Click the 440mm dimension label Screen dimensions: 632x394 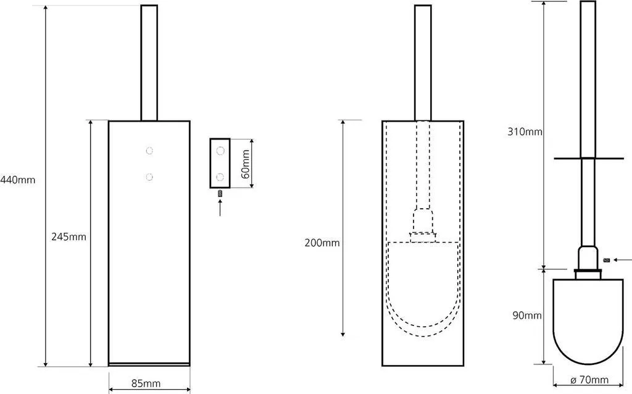point(17,180)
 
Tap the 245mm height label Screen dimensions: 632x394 point(69,237)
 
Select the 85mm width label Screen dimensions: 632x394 point(146,383)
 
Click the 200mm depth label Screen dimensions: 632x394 point(322,243)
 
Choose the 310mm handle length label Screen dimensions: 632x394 point(525,132)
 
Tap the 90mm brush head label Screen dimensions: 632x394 point(527,316)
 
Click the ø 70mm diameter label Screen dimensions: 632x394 point(589,379)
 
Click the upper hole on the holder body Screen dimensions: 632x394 point(149,151)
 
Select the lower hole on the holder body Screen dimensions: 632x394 point(149,177)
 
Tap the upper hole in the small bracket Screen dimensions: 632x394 point(220,151)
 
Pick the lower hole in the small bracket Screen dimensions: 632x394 point(220,177)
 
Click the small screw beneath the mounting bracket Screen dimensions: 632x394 point(220,193)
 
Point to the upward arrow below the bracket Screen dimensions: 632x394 point(220,208)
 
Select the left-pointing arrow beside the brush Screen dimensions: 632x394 point(622,260)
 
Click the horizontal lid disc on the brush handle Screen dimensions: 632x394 point(589,159)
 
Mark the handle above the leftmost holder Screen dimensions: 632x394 point(149,63)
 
